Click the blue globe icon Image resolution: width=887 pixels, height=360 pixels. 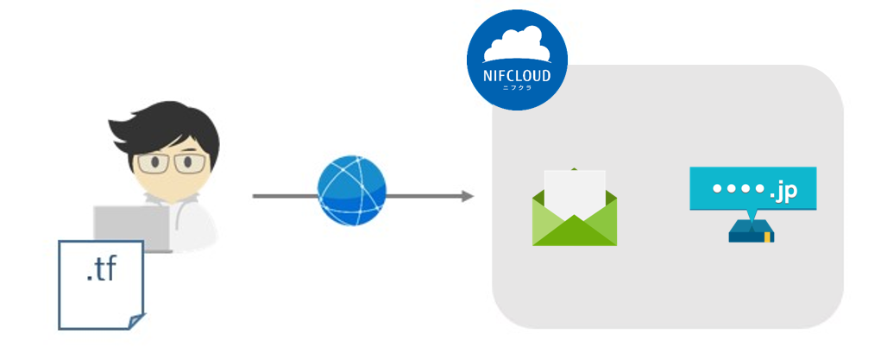click(352, 191)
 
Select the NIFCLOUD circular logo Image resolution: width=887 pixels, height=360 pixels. click(517, 60)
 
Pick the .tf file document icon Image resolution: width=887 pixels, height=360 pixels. click(100, 285)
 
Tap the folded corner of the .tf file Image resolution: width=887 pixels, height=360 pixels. click(133, 322)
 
